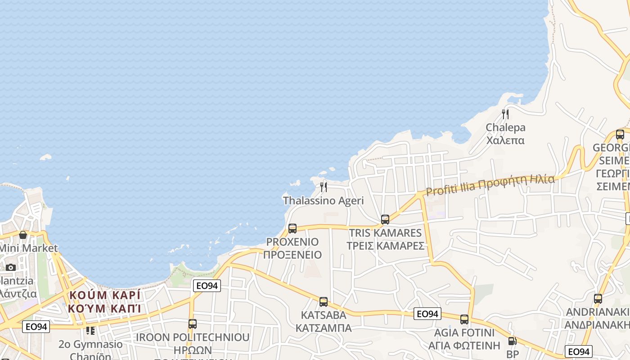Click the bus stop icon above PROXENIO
(x=292, y=229)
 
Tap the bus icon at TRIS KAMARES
(x=385, y=220)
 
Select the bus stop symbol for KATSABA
(x=324, y=302)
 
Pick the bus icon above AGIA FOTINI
(x=464, y=319)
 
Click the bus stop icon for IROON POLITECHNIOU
(x=193, y=324)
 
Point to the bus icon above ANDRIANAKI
(x=598, y=298)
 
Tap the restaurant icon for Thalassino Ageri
(x=324, y=187)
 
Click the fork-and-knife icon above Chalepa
(x=505, y=114)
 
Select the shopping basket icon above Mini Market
(x=23, y=235)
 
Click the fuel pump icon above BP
(x=512, y=342)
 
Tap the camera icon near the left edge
(x=11, y=267)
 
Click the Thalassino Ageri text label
(x=323, y=201)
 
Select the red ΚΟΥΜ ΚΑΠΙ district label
(x=104, y=308)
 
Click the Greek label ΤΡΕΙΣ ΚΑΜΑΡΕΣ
(x=385, y=246)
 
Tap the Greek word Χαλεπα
(x=505, y=140)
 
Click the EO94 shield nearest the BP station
(x=578, y=351)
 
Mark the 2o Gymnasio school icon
(x=90, y=331)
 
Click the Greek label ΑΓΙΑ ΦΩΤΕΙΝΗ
(x=464, y=346)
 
